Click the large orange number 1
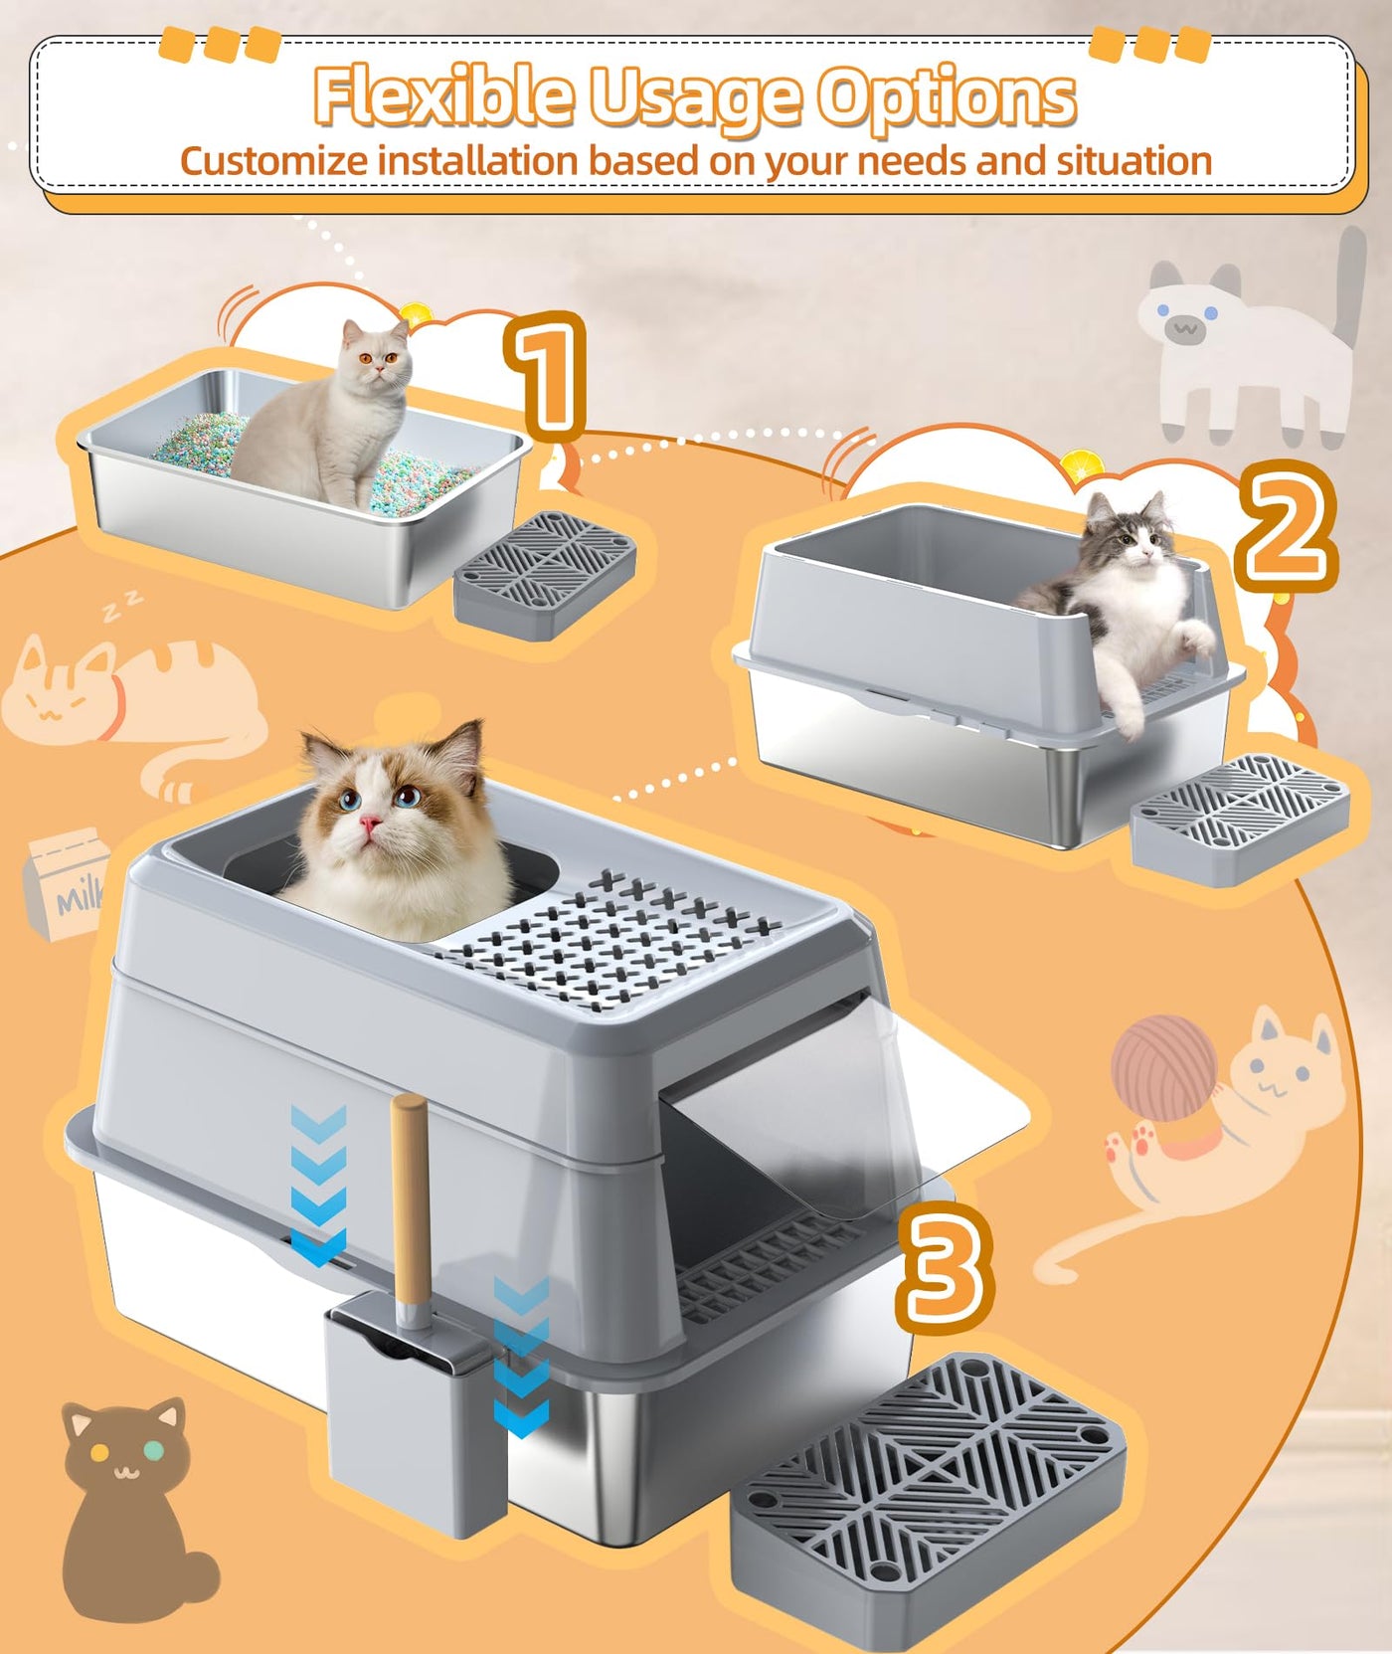point(546,375)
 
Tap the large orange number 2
point(1286,526)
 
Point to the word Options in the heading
point(946,98)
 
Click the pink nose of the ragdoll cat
point(370,823)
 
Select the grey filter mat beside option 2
point(1240,819)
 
